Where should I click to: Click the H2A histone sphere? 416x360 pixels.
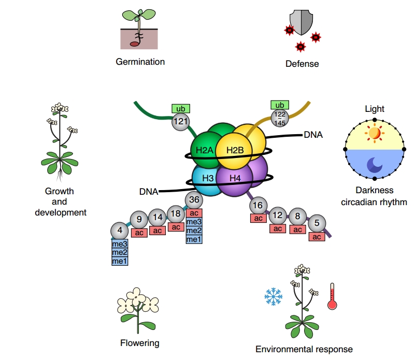point(204,150)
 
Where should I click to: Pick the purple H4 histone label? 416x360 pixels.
point(235,179)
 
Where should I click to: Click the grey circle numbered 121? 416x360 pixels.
point(181,122)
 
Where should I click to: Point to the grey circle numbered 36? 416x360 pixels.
point(194,199)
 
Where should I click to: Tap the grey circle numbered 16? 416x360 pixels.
point(257,206)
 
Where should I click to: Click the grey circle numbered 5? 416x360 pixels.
point(317,224)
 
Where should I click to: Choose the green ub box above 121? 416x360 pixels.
point(181,109)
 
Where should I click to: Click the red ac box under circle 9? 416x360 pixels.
point(139,233)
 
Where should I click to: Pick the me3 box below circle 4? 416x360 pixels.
point(120,243)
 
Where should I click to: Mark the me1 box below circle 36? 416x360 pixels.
point(194,239)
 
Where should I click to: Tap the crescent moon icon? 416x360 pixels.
point(374,164)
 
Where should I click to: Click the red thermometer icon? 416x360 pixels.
point(332,297)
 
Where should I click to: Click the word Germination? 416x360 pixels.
point(140,62)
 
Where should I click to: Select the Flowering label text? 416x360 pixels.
point(140,343)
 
